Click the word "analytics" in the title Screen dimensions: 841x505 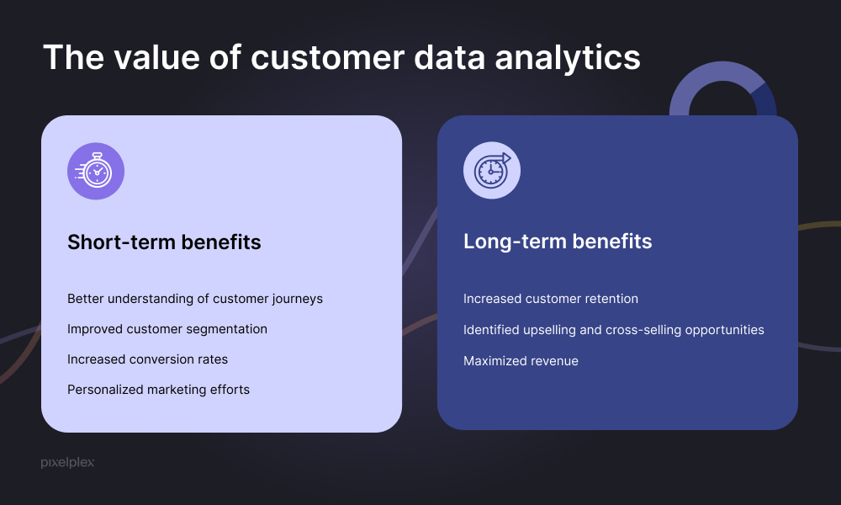point(568,59)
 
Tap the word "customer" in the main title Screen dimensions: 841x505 point(327,58)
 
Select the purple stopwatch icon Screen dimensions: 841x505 point(96,171)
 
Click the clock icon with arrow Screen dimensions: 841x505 point(492,170)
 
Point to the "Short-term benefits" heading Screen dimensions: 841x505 point(164,242)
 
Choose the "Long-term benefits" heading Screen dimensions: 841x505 point(558,242)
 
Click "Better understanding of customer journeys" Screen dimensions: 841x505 point(195,299)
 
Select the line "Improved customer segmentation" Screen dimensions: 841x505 point(167,329)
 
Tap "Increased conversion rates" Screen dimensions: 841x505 point(147,359)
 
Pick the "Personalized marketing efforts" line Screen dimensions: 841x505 point(159,390)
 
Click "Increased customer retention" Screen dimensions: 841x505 point(551,299)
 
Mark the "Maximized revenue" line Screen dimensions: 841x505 point(521,360)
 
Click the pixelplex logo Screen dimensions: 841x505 point(67,462)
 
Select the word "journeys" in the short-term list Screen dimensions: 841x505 point(297,300)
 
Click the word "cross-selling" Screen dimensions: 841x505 point(643,330)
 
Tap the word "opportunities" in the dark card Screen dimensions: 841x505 point(725,331)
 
